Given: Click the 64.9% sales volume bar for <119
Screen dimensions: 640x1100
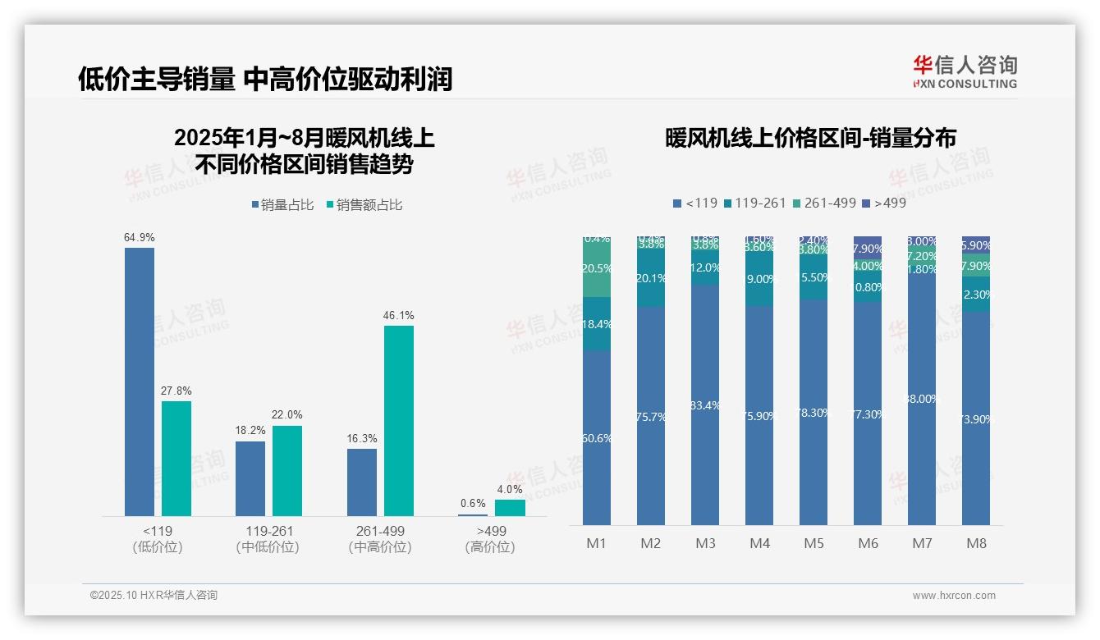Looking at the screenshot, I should [x=140, y=382].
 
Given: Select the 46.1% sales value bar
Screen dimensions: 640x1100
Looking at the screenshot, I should [x=399, y=420].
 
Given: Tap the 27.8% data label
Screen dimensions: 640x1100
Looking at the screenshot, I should [x=176, y=391].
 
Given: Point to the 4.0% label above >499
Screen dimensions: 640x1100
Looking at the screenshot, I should [x=510, y=490].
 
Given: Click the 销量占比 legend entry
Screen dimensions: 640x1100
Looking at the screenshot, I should [x=282, y=205].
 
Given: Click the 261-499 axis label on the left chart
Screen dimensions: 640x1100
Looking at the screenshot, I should [x=380, y=531].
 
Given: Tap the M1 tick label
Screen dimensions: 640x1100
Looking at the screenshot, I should [x=596, y=543].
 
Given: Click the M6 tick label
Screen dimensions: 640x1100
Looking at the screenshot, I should [x=868, y=543].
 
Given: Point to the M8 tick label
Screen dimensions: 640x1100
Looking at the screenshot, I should [x=976, y=543].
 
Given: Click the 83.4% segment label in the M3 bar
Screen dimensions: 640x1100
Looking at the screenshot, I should [x=705, y=405].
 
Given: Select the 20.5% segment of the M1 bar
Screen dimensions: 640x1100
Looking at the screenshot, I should [x=596, y=270].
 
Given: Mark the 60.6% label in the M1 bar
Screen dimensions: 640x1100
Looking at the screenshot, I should [x=596, y=438].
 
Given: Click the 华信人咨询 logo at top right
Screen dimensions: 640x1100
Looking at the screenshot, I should [x=965, y=71].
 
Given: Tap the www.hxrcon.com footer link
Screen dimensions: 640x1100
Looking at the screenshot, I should [x=954, y=596].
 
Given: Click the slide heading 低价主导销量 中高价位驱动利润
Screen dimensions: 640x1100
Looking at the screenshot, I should [x=265, y=80].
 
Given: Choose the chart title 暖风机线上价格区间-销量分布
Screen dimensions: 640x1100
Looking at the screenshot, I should [x=810, y=138].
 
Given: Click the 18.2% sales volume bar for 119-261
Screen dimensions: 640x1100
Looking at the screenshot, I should [x=250, y=478].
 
